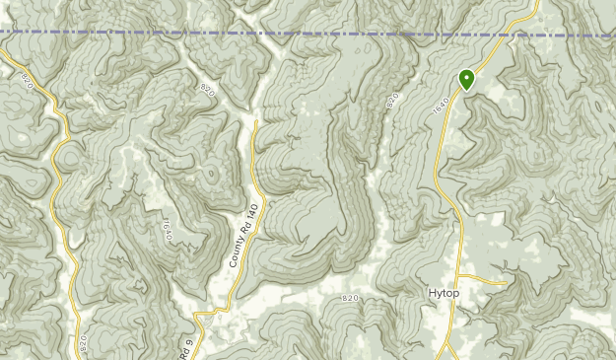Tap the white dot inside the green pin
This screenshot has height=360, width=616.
pos(466,77)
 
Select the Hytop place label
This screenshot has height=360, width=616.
pos(445,293)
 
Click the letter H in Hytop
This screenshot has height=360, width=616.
pos(432,293)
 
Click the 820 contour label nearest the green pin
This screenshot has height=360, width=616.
pos(395,101)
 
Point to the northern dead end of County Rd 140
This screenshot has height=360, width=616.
pos(255,122)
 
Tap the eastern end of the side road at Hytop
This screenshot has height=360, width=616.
pos(506,282)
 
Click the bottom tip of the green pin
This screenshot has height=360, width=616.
pos(466,92)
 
